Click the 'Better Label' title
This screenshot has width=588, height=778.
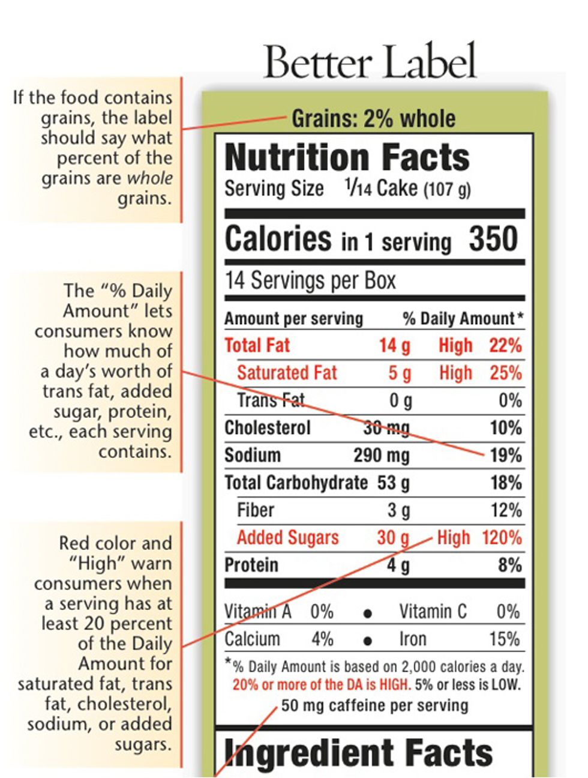click(x=370, y=61)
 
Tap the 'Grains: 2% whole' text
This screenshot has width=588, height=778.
click(x=373, y=119)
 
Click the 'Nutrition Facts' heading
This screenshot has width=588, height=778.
click(x=347, y=157)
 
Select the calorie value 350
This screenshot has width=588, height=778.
click(x=493, y=239)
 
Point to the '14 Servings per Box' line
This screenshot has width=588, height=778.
click(x=310, y=280)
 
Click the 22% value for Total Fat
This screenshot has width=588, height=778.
click(x=505, y=346)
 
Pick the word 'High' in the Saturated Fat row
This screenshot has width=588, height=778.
click(x=455, y=373)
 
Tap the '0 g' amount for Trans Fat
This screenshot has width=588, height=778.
click(x=400, y=400)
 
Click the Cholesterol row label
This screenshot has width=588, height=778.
click(x=268, y=428)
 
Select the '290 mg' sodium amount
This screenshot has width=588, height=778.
click(x=381, y=455)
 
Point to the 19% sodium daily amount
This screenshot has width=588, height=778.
click(x=505, y=455)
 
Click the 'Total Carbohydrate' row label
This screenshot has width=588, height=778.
click(x=296, y=483)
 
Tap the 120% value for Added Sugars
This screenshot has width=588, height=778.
click(x=502, y=537)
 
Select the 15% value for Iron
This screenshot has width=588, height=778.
click(x=504, y=639)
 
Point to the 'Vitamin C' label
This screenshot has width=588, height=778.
click(x=433, y=612)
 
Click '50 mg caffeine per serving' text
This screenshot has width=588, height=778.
click(x=374, y=705)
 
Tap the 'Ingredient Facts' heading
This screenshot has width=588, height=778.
click(x=358, y=753)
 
